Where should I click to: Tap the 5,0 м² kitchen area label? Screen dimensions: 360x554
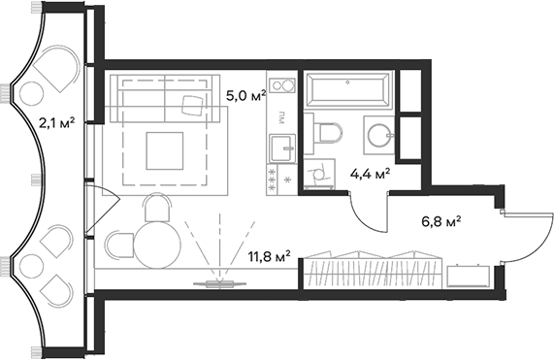[244, 96]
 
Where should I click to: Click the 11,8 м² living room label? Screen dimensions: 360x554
[270, 256]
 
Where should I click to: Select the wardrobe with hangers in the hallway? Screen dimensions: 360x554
[374, 271]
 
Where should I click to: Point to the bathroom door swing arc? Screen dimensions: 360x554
[366, 218]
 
